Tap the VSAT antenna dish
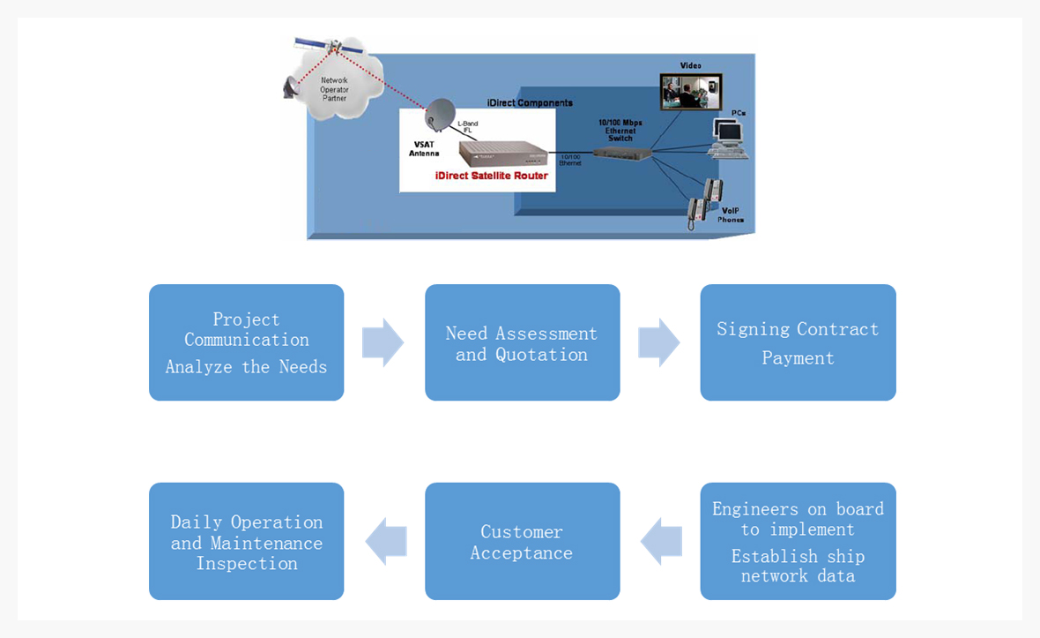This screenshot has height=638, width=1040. tap(441, 115)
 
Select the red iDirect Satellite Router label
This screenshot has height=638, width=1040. tap(492, 176)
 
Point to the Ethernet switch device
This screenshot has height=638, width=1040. tap(621, 153)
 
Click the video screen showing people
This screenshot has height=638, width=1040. tap(691, 91)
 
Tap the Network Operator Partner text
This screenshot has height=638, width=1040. tap(334, 89)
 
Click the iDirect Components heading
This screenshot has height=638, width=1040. tap(530, 103)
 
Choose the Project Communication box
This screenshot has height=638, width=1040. tap(246, 342)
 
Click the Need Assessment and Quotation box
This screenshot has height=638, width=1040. tap(522, 342)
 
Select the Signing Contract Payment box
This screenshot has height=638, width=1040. tap(798, 342)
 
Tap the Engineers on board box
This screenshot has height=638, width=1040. tap(798, 541)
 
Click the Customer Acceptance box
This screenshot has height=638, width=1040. tap(522, 541)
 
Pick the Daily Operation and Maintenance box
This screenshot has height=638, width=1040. tap(246, 541)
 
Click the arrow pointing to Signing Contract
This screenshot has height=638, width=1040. tap(658, 342)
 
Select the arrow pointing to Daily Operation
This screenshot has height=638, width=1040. tap(386, 541)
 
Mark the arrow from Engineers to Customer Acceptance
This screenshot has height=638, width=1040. tap(661, 541)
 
